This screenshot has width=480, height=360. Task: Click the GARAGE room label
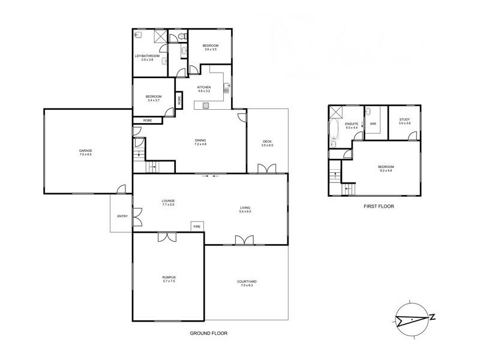coord(85,150)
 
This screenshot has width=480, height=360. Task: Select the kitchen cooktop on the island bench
coord(206,106)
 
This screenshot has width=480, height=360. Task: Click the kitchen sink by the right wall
coord(226,90)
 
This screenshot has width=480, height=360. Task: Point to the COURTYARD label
coord(247,281)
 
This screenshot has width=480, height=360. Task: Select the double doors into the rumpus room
coord(166,238)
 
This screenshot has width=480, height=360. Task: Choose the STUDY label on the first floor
coord(405,120)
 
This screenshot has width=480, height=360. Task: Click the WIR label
coord(373,124)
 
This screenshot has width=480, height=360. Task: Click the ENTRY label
coord(122,216)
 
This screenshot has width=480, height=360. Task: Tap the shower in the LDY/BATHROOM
coord(160,36)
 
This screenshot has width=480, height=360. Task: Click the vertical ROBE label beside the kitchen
coord(179,100)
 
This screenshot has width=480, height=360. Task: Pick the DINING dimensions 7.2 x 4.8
coord(200,145)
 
